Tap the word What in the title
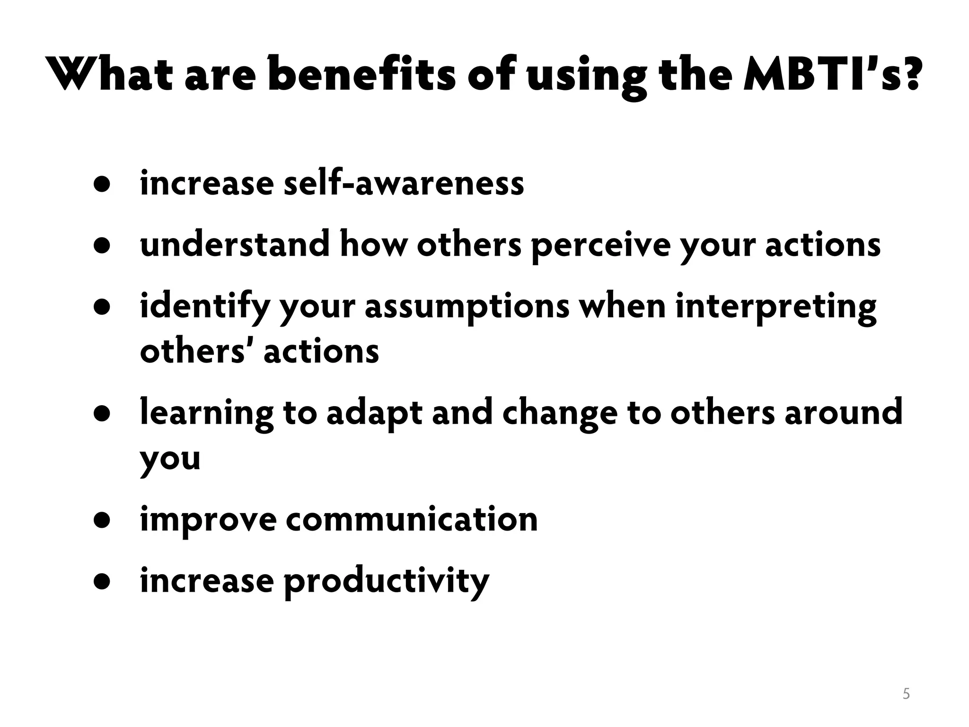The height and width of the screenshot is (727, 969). coord(111,74)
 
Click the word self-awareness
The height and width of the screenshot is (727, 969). coord(404,184)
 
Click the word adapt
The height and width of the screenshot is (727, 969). coord(374,413)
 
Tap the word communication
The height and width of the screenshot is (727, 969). coord(412,519)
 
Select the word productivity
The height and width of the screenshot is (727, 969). coord(386,582)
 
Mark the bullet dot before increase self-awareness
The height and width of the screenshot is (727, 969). coord(102,185)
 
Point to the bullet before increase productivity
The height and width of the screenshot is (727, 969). coord(102,582)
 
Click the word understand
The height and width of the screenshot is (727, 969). coord(235,245)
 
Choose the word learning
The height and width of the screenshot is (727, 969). coord(207,413)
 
